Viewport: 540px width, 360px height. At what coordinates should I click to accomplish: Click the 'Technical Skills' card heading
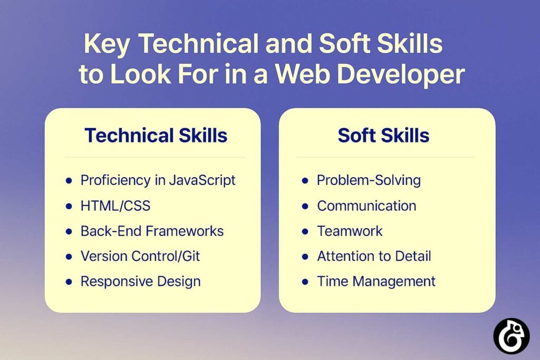pos(156,135)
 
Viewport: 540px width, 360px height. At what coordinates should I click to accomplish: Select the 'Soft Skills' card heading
pos(383,135)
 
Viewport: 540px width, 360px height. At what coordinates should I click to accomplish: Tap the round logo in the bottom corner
pos(511,336)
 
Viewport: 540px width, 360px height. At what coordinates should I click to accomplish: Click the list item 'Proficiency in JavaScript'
pos(158,180)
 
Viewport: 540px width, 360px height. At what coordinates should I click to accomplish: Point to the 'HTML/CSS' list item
pos(115,206)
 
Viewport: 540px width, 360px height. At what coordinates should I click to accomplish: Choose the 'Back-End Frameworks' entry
pos(152,231)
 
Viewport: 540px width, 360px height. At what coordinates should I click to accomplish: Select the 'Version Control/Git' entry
pos(140,256)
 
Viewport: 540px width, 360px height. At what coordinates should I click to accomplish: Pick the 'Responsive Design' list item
pos(140,281)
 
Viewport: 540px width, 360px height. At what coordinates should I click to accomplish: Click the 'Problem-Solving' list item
pos(369,180)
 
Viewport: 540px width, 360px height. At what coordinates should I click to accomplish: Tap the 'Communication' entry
pos(367,206)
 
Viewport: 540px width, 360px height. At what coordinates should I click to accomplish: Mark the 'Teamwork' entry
pos(350,231)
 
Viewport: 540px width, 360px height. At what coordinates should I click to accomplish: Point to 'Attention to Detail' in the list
pos(374,256)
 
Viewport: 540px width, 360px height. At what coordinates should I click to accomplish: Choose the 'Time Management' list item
pos(376,281)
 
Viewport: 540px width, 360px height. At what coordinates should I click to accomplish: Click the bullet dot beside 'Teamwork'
pos(305,231)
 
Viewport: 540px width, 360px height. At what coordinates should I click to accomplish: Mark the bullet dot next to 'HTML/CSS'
pos(69,206)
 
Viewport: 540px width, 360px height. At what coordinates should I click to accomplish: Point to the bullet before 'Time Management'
pos(305,282)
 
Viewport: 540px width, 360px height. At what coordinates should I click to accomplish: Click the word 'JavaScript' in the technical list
pos(202,180)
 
